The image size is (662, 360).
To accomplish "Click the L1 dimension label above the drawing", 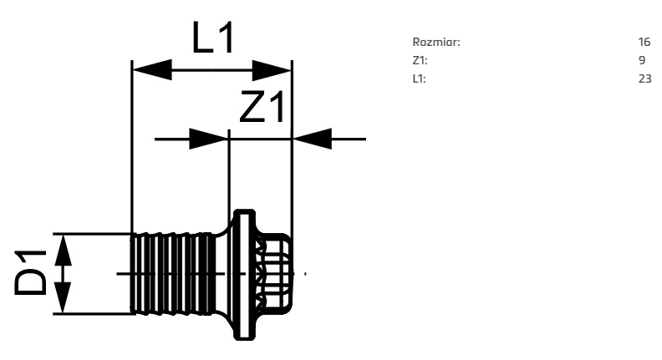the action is pyautogui.click(x=212, y=37).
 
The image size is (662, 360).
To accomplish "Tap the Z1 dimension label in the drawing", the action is pyautogui.click(x=262, y=107).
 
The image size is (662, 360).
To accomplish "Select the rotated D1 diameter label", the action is pyautogui.click(x=30, y=272).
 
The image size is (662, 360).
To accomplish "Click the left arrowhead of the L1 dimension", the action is pyautogui.click(x=152, y=70).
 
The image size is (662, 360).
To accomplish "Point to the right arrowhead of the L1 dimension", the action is pyautogui.click(x=272, y=70).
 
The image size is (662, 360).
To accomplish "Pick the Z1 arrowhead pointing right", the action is pyautogui.click(x=209, y=139).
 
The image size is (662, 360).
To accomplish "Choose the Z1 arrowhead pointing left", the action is pyautogui.click(x=312, y=139).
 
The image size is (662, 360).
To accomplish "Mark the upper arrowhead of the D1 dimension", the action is pyautogui.click(x=63, y=250).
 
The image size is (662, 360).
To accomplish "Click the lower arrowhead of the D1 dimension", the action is pyautogui.click(x=63, y=298).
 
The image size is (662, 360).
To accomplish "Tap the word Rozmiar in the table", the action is pyautogui.click(x=435, y=43).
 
